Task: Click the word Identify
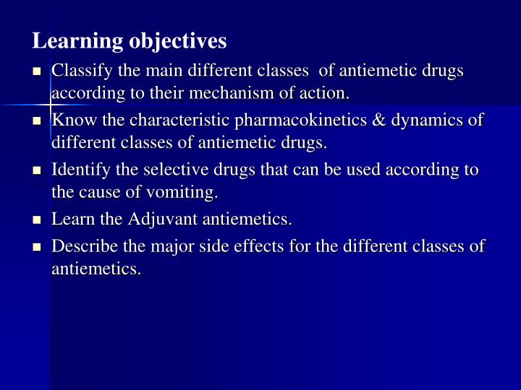pos(79,170)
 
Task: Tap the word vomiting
pos(185,193)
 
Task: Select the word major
pos(190,246)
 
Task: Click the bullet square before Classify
pos(38,71)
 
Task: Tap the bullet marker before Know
pos(38,121)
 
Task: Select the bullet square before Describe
pos(38,247)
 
